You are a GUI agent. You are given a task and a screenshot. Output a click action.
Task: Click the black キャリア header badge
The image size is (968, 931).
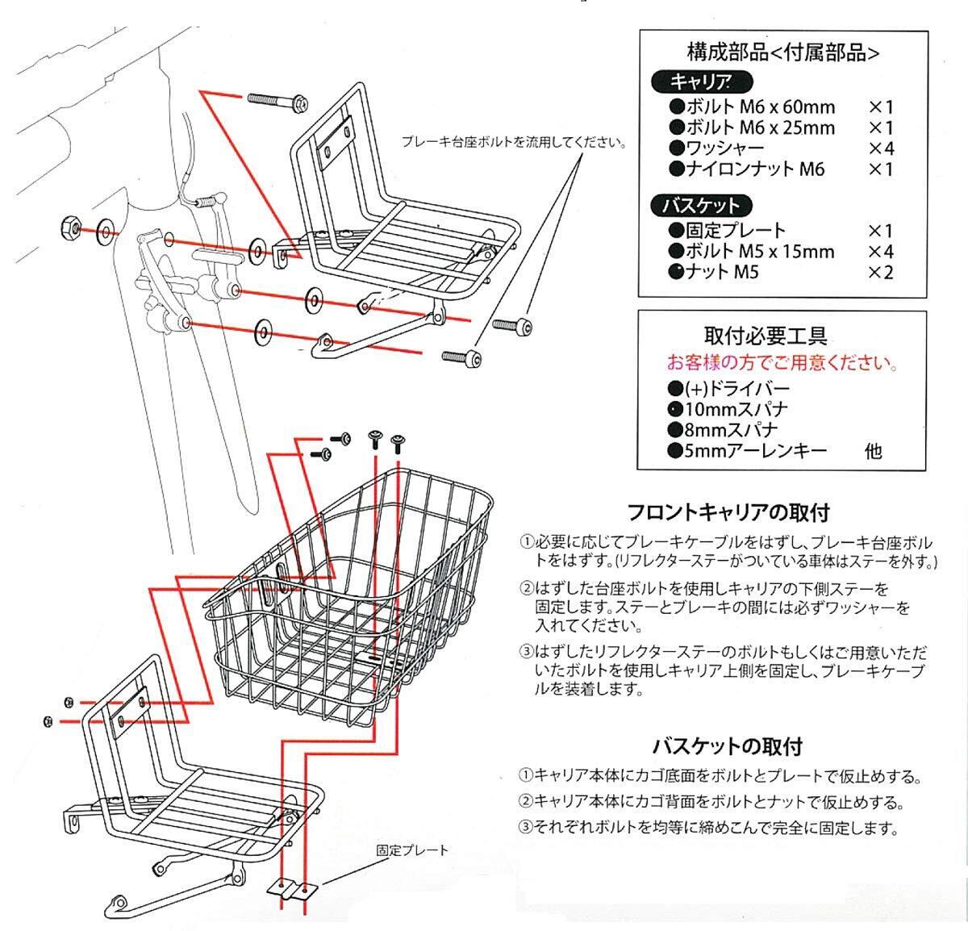coord(700,81)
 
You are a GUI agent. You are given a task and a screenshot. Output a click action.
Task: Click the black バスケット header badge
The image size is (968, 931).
coord(700,205)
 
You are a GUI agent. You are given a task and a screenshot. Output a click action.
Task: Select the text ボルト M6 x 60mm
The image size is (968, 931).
coord(759,106)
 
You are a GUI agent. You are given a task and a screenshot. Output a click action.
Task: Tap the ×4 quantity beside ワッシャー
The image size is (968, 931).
coord(880,148)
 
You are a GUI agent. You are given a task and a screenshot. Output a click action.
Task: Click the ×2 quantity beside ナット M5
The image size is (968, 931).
coord(880,273)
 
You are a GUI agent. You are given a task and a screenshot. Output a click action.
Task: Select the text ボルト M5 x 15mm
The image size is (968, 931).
coord(759,252)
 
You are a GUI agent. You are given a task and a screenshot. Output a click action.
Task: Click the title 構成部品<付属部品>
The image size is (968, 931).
coord(782,53)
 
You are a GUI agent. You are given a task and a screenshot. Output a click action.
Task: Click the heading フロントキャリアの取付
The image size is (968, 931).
coord(728,512)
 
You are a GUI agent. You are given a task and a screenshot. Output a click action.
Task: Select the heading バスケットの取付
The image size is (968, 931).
coord(727,746)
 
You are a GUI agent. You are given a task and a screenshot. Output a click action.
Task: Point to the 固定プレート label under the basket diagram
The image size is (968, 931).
coord(411,850)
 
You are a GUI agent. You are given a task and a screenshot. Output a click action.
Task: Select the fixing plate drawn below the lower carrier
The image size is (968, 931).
coord(293,889)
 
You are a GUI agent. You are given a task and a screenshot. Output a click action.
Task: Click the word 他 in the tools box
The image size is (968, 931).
coord(873,452)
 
